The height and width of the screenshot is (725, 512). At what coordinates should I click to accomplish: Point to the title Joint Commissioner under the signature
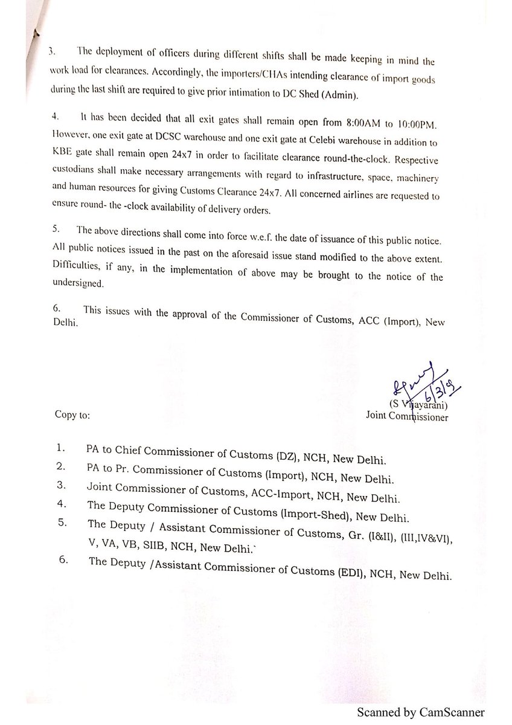pos(407,416)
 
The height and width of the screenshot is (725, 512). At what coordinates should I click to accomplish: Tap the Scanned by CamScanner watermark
pos(420,713)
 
